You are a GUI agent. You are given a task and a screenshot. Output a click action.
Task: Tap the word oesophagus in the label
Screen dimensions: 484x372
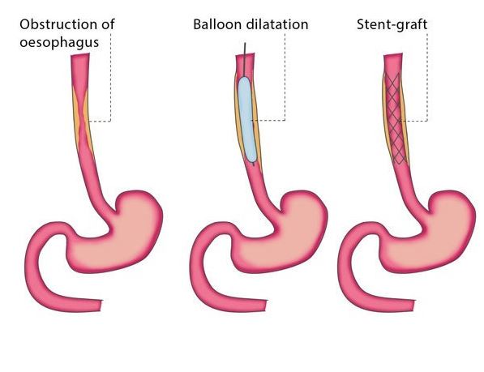point(59,42)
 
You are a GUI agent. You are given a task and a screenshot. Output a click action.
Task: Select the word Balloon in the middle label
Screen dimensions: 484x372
point(216,24)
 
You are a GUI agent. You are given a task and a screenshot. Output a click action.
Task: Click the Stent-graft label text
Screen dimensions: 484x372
point(392,24)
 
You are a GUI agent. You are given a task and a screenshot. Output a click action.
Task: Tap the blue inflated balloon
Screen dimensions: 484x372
point(247,119)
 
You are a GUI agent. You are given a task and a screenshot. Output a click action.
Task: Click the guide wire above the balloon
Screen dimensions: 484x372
point(245,59)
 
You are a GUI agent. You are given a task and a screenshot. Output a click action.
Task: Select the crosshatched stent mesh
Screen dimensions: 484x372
point(396,118)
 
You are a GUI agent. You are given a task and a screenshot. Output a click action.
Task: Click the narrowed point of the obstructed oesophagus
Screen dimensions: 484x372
point(82,120)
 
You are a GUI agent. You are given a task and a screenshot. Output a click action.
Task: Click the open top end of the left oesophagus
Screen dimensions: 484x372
point(80,54)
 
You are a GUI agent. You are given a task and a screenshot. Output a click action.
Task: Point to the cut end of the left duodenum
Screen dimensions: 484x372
point(101,306)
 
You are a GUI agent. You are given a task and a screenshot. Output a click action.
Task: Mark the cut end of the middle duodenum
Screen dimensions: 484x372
point(266,306)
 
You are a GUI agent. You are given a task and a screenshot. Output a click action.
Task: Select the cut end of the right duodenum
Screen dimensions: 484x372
point(413,306)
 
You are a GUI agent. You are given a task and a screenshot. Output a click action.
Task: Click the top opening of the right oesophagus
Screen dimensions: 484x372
point(393,55)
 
